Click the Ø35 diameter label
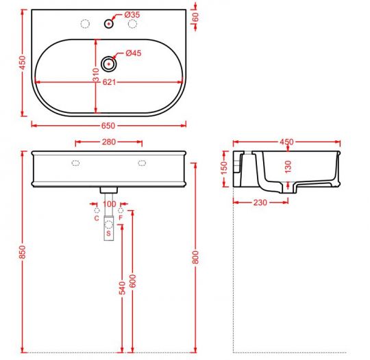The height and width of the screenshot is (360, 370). (x=132, y=15)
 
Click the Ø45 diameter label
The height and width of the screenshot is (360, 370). (x=132, y=54)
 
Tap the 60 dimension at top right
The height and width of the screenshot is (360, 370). (x=196, y=17)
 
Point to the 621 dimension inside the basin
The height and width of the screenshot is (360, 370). (x=109, y=82)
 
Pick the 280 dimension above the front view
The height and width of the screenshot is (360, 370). (x=108, y=142)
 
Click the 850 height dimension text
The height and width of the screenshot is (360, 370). (x=23, y=253)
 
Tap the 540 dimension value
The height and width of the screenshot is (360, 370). (x=123, y=287)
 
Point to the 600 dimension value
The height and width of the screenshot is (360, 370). (x=133, y=281)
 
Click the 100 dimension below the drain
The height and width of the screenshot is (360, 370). (x=109, y=204)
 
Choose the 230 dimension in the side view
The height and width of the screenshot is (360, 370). (x=260, y=202)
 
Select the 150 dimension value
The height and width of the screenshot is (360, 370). (x=223, y=168)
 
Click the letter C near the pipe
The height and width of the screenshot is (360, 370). (x=96, y=218)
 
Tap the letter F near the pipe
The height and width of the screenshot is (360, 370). (x=121, y=218)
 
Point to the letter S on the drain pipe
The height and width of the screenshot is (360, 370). (x=108, y=233)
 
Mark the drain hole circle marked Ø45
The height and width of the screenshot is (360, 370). (x=108, y=64)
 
